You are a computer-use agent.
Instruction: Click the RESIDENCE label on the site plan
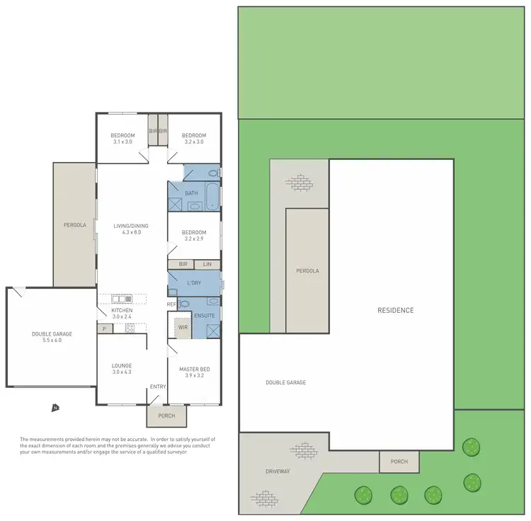[395, 310]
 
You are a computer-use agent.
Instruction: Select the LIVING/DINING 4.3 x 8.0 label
[127, 229]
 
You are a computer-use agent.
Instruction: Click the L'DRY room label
[193, 283]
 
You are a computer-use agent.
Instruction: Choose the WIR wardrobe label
[183, 328]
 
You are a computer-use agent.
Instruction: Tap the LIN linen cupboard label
[207, 264]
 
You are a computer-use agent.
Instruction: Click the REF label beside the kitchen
[171, 304]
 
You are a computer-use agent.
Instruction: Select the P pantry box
[104, 328]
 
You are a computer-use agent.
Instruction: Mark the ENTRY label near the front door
[157, 387]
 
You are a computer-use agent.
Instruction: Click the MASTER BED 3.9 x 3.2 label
[193, 372]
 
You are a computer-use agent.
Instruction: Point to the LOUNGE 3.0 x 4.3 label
[122, 369]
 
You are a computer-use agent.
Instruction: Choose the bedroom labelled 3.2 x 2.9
[193, 236]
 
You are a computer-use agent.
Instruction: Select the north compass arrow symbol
[55, 408]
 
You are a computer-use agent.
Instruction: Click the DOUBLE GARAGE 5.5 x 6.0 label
[52, 337]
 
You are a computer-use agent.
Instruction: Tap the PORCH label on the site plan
[399, 462]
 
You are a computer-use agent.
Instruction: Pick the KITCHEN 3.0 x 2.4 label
[122, 314]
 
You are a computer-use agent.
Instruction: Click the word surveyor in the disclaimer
[174, 451]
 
